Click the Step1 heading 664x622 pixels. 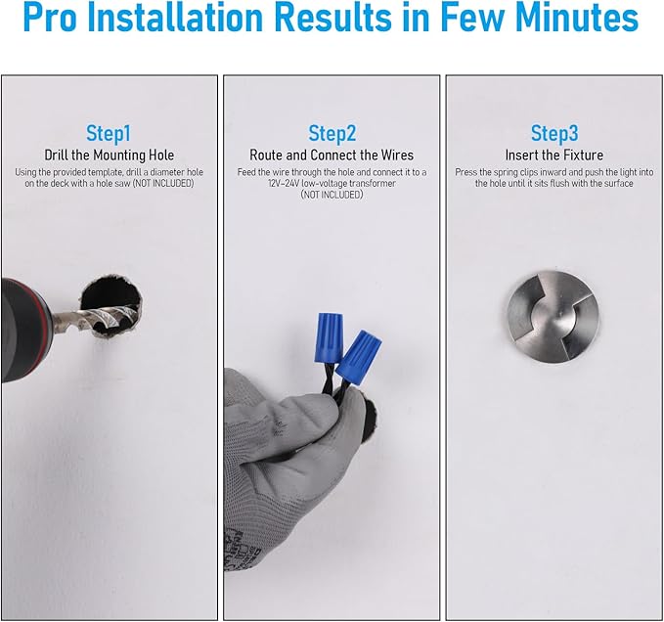tap(109, 133)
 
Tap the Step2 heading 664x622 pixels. tap(332, 133)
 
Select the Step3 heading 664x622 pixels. tap(554, 133)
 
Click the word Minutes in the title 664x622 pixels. tap(577, 18)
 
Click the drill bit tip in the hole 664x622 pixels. tap(134, 314)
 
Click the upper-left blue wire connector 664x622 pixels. tap(329, 337)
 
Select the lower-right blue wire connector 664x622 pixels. tap(359, 357)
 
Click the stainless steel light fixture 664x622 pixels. tap(553, 317)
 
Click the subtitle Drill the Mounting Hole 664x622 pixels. tap(110, 155)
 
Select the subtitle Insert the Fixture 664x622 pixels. tap(554, 155)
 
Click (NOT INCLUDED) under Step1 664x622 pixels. tap(163, 183)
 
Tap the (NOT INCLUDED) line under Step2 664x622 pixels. tap(332, 195)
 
